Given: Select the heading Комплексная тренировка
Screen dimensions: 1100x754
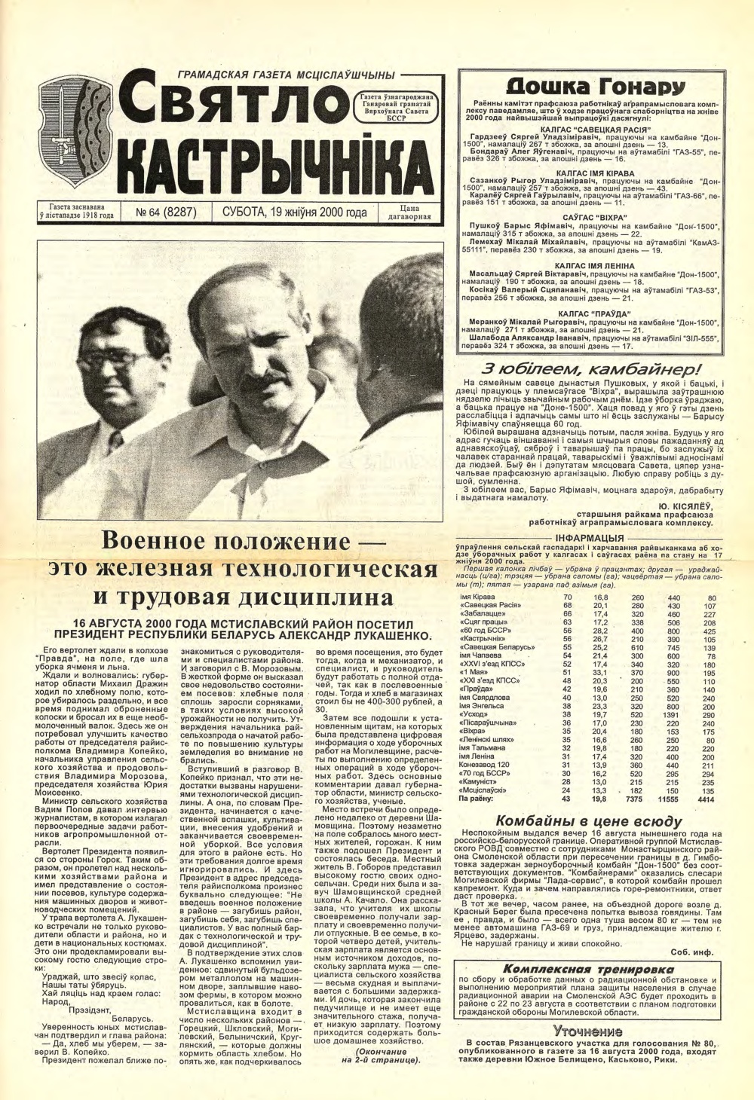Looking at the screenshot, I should point(587,968).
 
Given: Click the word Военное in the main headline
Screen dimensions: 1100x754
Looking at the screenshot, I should point(153,542).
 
